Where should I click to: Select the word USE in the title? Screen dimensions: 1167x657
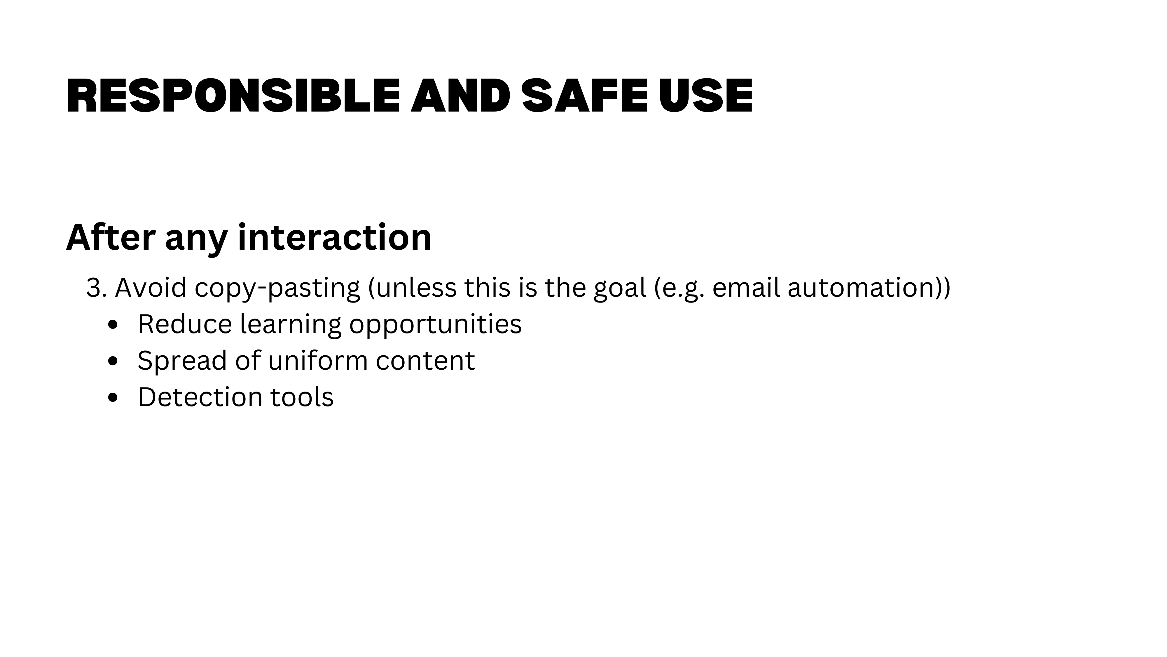coord(705,96)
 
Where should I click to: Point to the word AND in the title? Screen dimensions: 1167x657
coord(461,96)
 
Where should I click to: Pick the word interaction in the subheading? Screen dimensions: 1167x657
coord(334,237)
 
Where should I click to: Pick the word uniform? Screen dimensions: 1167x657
coord(318,360)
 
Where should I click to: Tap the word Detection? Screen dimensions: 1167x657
coord(200,397)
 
